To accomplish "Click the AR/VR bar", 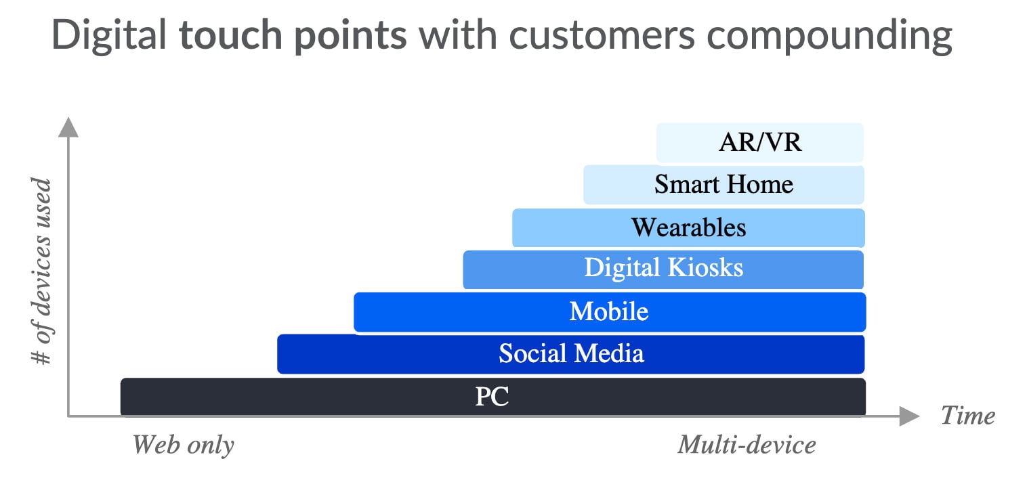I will coord(760,143).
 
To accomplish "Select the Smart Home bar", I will coord(724,185).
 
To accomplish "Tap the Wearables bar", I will coord(688,227).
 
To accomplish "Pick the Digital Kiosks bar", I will coord(663,269).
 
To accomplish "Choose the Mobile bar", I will coord(609,312).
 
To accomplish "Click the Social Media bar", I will coord(571,353).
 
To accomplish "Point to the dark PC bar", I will coord(492,397).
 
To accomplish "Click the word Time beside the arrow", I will coord(968,415).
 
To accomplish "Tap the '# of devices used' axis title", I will coord(43,271).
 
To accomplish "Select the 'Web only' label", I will coord(183,445).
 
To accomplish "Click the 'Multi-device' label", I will coord(747,445).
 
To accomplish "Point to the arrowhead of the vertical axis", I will coord(68,127).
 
